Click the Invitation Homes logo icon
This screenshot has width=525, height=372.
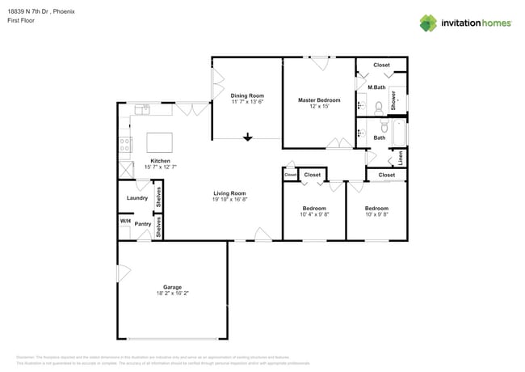(428, 23)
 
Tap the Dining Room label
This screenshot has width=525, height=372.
(247, 95)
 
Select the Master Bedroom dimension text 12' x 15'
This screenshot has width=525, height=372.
(319, 106)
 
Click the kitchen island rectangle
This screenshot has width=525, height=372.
(160, 142)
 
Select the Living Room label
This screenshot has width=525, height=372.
(229, 193)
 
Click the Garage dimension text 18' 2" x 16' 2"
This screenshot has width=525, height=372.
(172, 293)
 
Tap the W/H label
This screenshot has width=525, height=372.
(125, 222)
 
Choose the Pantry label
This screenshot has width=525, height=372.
(143, 224)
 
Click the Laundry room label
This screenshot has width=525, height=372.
(136, 198)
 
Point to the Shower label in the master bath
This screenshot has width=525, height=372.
(394, 100)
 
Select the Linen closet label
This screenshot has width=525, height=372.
(400, 158)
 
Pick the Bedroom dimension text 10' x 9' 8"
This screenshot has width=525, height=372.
(376, 214)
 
